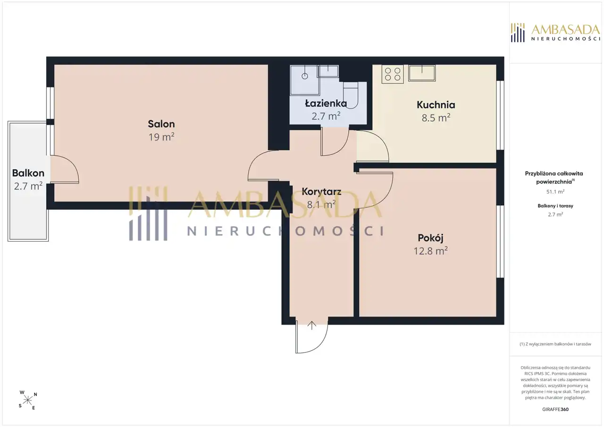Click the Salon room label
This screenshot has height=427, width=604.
coord(161,124)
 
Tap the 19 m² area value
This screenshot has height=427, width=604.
coord(161,137)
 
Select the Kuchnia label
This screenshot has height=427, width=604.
coord(436,105)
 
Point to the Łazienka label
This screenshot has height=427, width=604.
coord(326,103)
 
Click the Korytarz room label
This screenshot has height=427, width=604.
coord(321,192)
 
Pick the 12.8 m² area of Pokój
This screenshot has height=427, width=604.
coord(431,251)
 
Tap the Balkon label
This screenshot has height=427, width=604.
coord(28,173)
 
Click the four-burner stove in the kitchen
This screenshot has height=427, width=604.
coord(393,74)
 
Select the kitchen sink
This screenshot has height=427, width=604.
coord(422,73)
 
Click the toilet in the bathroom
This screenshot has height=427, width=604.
coord(351,95)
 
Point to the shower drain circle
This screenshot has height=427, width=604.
coord(305,76)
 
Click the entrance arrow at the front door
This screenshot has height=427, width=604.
coord(312,326)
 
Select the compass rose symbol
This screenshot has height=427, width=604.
coord(28,400)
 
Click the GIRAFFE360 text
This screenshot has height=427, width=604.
coord(555,409)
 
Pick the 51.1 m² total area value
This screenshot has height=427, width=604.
coord(555,192)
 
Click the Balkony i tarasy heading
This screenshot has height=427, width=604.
coord(555,206)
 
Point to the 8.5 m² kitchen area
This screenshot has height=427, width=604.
coord(436,118)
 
